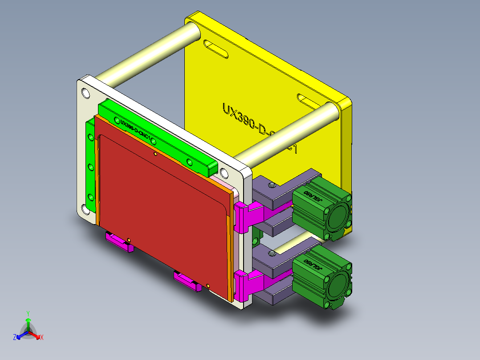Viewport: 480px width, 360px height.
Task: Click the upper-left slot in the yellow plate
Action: tap(216, 49)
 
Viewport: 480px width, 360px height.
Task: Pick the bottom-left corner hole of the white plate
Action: tap(85, 209)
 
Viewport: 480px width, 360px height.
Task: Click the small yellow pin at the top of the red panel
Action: tap(155, 155)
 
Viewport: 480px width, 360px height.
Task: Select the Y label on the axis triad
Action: tap(28, 314)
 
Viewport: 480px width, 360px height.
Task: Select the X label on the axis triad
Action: tap(42, 337)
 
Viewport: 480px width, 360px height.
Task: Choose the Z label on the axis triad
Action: tap(15, 337)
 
